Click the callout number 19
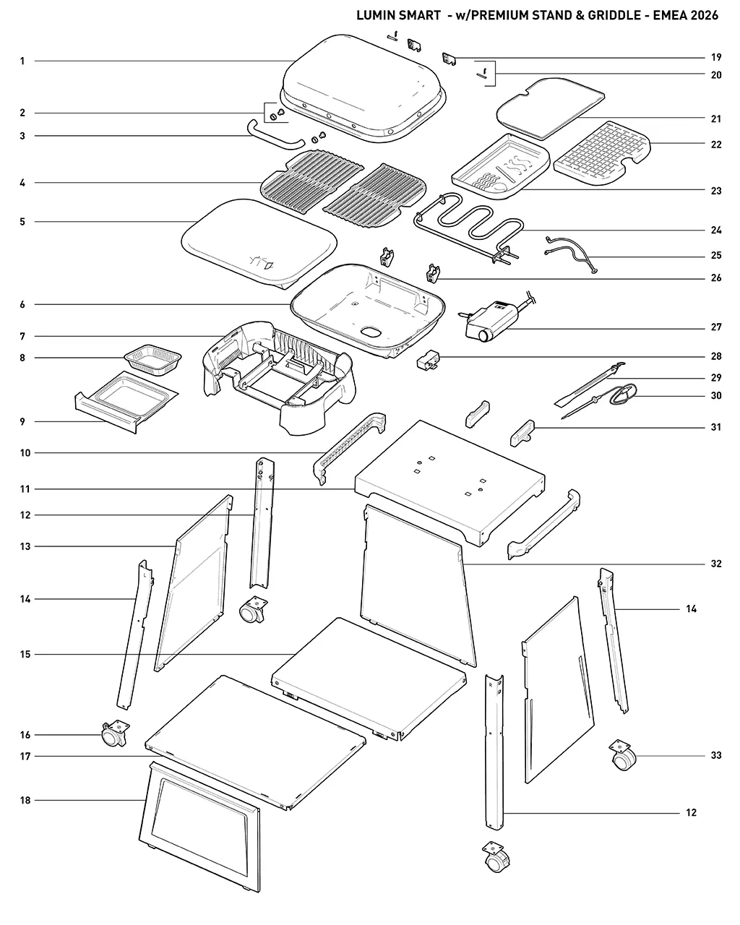pyautogui.click(x=716, y=57)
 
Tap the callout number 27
pyautogui.click(x=716, y=327)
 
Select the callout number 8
pyautogui.click(x=22, y=358)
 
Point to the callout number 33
pyautogui.click(x=716, y=755)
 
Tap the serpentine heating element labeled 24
pyautogui.click(x=469, y=228)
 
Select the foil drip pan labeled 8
pyautogui.click(x=152, y=359)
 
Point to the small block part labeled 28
pyautogui.click(x=429, y=360)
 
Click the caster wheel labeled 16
pyautogui.click(x=114, y=734)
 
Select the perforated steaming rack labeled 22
pyautogui.click(x=602, y=153)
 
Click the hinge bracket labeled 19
pyautogui.click(x=449, y=59)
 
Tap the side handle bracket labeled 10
pyautogui.click(x=348, y=447)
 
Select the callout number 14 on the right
pyautogui.click(x=691, y=609)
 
